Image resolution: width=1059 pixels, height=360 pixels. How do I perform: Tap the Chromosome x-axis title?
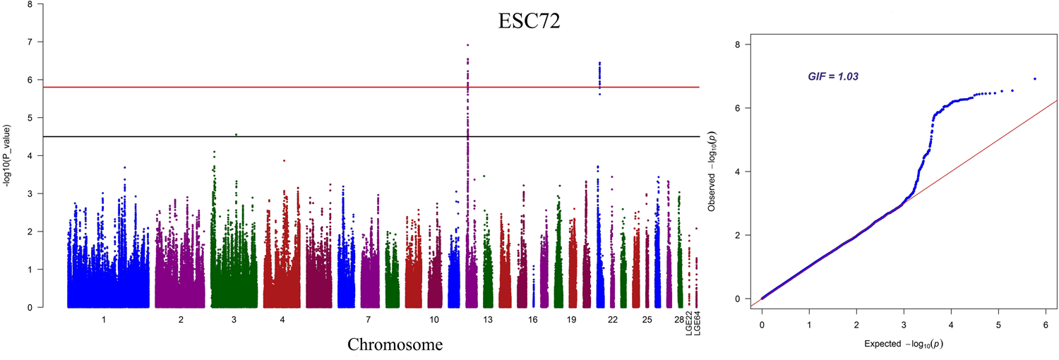(x=395, y=344)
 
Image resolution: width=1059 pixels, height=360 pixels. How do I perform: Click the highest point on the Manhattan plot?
(x=467, y=44)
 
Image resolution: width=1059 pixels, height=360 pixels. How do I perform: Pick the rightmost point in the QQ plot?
(x=1035, y=78)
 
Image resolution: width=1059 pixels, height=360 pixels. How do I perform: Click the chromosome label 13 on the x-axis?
(x=487, y=320)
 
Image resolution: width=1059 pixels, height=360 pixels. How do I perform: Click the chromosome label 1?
(x=104, y=320)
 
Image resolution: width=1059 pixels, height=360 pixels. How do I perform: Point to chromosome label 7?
(x=369, y=320)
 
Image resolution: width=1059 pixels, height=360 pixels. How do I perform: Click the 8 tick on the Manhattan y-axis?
(x=29, y=4)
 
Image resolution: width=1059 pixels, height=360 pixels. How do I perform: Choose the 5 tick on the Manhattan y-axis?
(x=29, y=118)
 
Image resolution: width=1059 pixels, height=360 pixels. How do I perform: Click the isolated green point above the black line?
(x=236, y=134)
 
